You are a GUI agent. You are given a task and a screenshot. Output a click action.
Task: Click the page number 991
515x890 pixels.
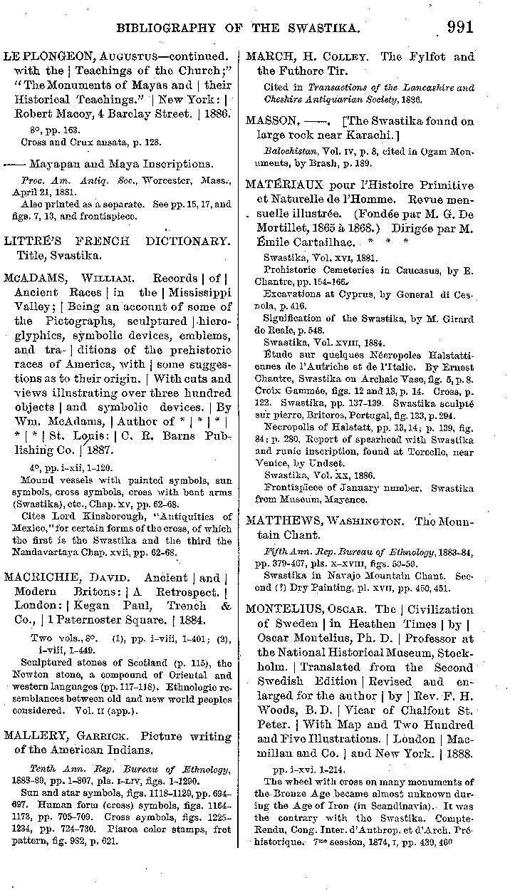point(460,27)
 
